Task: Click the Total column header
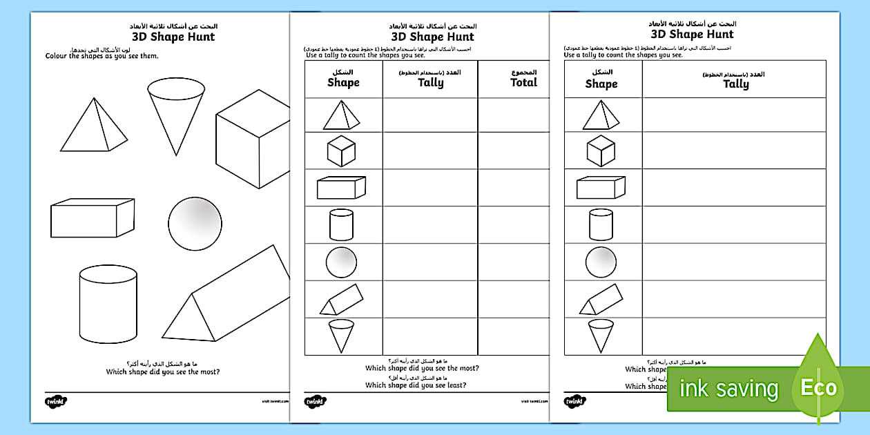(x=523, y=82)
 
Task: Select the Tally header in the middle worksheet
(x=430, y=82)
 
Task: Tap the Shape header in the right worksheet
(x=601, y=84)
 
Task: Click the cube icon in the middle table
(x=341, y=151)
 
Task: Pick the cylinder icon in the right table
(x=601, y=224)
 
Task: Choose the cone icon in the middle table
(x=341, y=336)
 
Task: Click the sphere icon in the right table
(x=601, y=262)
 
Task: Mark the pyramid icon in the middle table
(x=341, y=115)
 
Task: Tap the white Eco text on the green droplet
(x=818, y=387)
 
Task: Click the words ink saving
(x=728, y=389)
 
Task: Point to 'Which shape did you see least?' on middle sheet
(x=415, y=385)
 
